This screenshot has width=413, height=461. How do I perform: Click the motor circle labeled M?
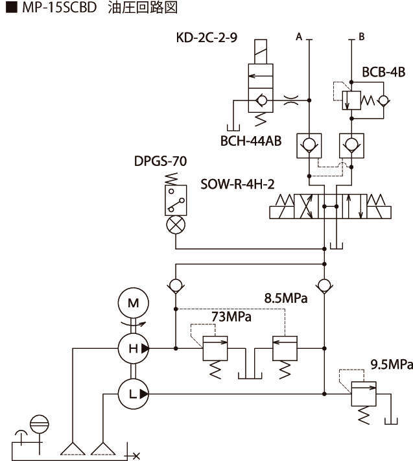pos(133,303)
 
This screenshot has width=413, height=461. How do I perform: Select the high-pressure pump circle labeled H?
pos(133,348)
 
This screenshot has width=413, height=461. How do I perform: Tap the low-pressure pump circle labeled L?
pos(133,393)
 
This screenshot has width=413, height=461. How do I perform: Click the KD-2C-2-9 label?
pos(206,37)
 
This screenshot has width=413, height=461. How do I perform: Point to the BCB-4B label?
pos(384,73)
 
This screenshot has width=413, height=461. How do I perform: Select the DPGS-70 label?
pos(161,160)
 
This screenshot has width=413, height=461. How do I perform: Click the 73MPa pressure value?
pos(231,316)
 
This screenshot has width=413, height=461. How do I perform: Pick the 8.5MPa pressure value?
pos(285,299)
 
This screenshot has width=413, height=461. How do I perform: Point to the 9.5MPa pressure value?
pos(391,365)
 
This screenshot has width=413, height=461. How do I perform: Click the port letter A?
pos(300,37)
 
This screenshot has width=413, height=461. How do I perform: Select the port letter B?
pos(361,37)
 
